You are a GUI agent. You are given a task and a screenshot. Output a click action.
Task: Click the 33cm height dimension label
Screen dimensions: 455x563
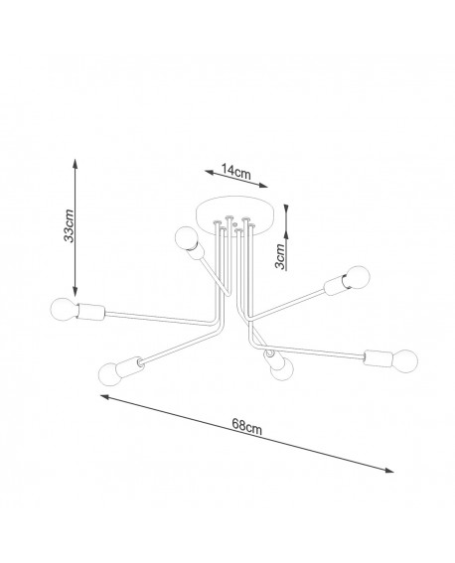coord(69,225)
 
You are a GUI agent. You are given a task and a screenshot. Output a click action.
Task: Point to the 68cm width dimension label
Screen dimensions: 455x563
coord(246,426)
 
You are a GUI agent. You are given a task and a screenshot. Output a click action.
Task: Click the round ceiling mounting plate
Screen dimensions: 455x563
coord(235,215)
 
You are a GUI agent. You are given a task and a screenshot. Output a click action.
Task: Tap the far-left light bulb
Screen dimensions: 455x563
coord(64,309)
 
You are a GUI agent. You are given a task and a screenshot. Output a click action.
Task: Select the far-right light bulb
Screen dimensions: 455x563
coord(405,360)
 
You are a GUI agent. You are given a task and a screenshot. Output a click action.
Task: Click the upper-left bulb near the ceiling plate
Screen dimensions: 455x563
coord(186,238)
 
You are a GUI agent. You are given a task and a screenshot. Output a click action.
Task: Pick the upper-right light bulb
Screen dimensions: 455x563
coord(358,277)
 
